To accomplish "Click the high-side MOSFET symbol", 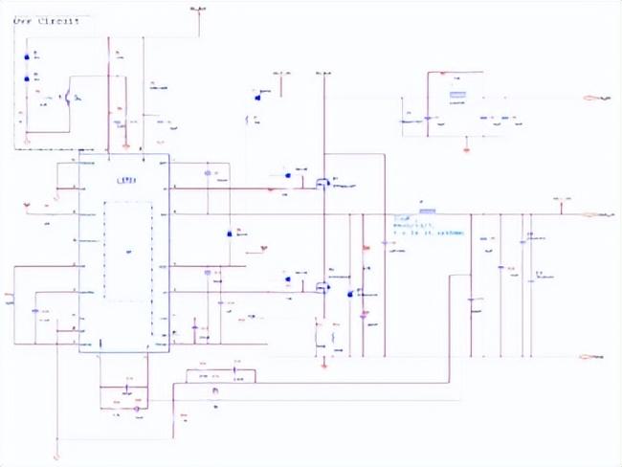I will pos(322,181).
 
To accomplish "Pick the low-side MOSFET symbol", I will pos(322,285).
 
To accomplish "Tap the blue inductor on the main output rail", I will pos(427,211).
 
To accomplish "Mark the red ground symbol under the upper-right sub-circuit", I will pos(466,149).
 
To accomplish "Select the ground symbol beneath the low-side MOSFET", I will pos(323,365).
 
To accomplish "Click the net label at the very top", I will pos(198,8).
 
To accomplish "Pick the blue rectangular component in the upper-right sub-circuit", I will pos(457,95).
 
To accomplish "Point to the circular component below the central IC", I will pos(136,409).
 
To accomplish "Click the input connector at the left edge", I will pos(10,295).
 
